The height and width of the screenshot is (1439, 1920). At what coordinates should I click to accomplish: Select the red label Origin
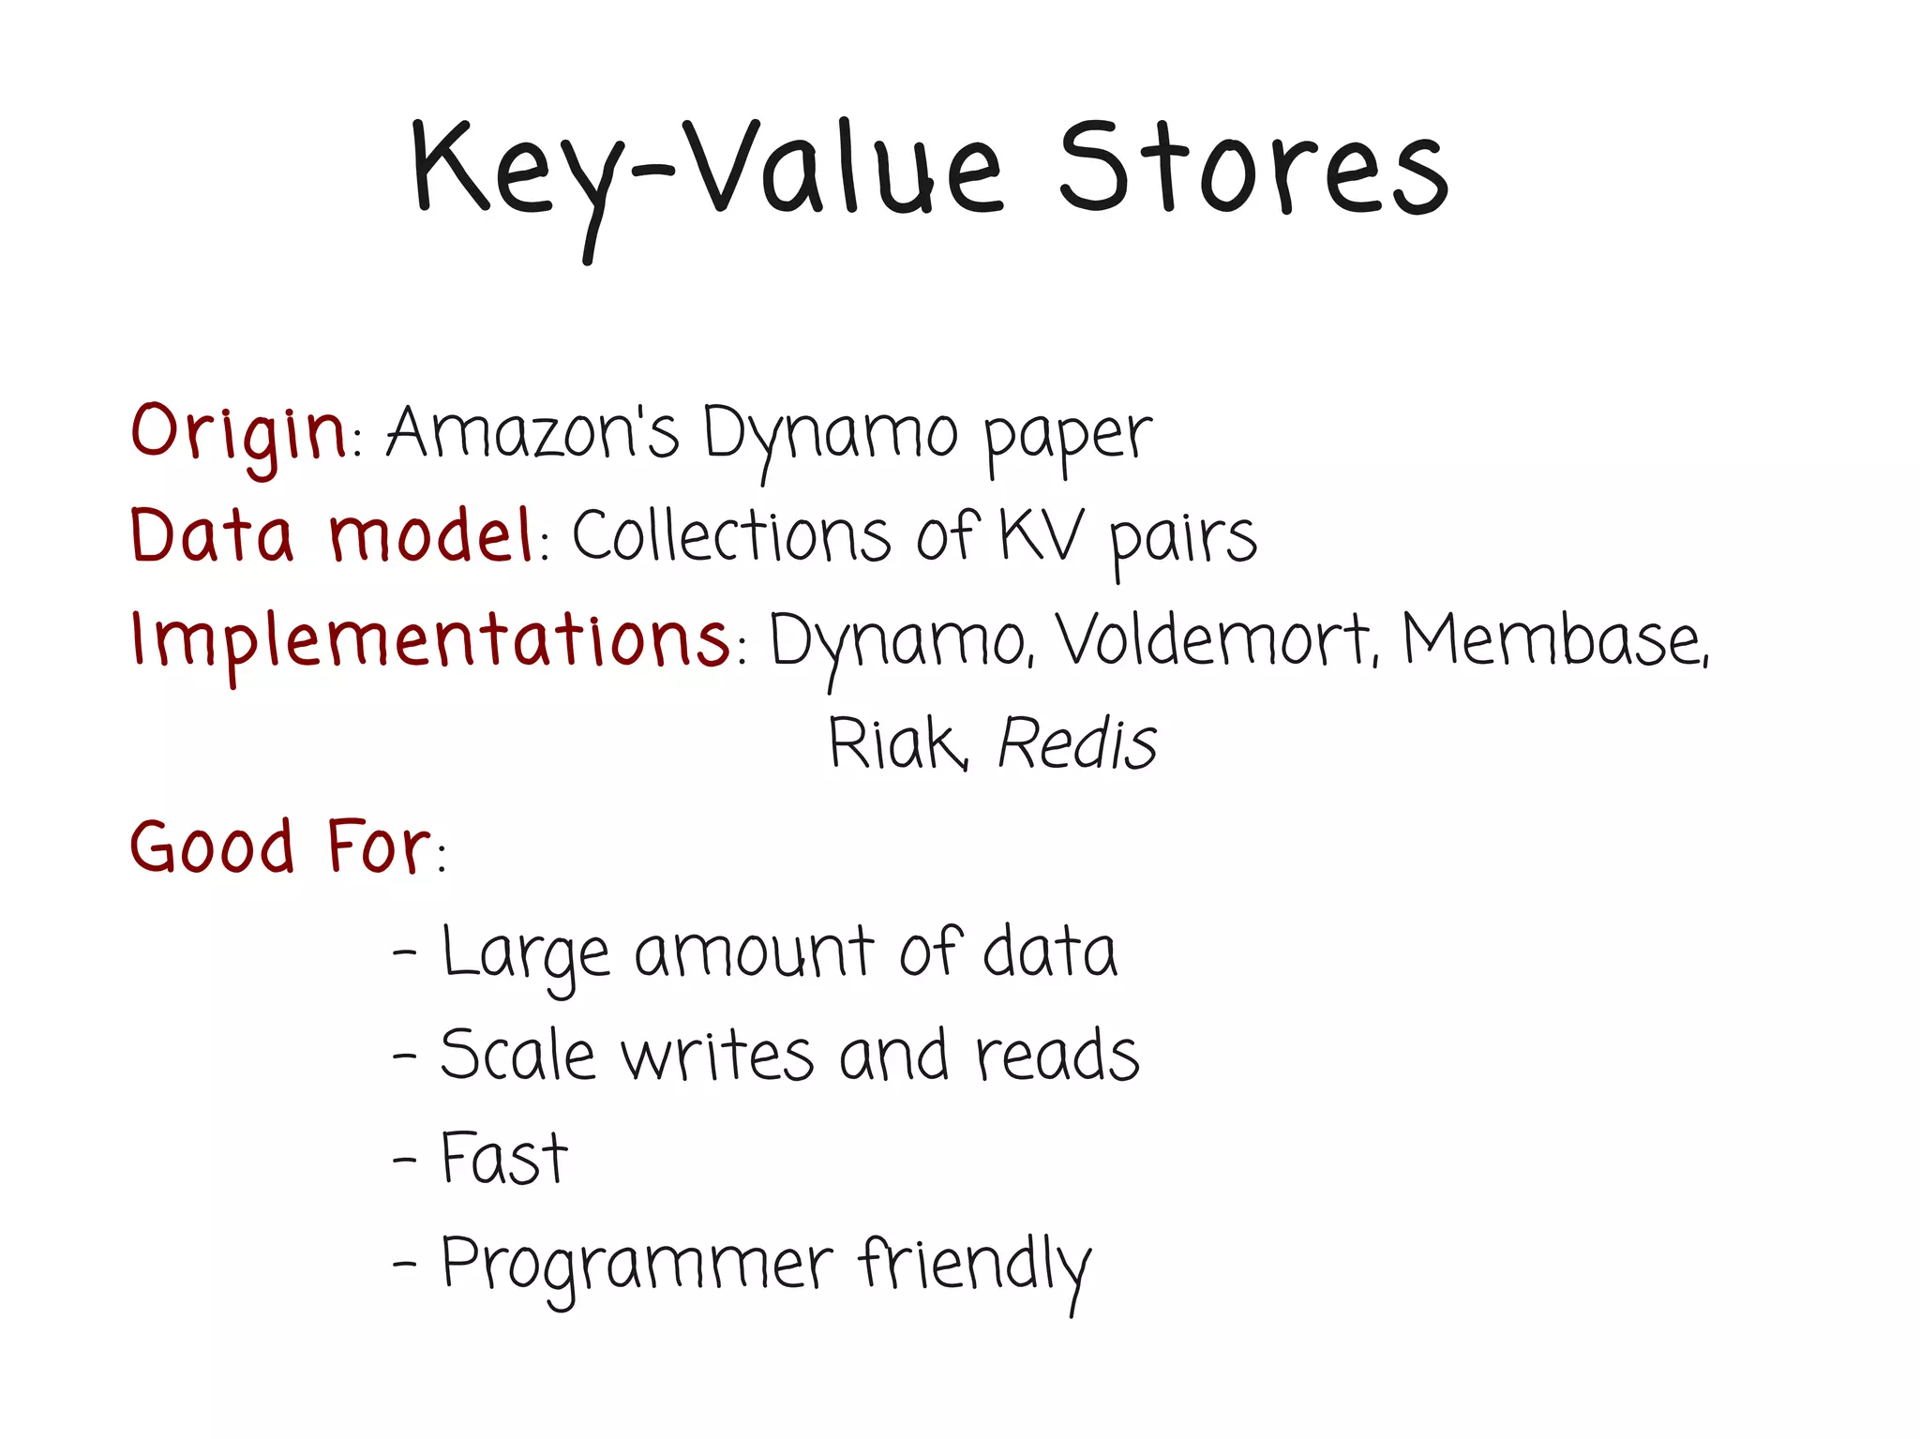(x=238, y=434)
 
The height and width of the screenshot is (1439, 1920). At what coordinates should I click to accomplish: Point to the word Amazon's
(x=532, y=434)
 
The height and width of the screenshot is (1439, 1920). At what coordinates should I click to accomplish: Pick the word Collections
(x=731, y=536)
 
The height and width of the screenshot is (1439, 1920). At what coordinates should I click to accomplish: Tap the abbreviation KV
(x=1041, y=536)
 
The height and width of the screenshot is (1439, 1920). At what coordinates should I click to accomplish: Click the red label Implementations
(x=430, y=639)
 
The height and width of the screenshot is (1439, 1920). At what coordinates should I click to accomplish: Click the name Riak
(x=896, y=743)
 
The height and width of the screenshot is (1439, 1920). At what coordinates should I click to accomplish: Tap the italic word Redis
(x=1077, y=743)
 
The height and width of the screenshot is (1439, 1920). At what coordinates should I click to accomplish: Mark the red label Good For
(x=280, y=847)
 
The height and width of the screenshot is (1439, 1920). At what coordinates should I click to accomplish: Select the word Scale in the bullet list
(x=517, y=1055)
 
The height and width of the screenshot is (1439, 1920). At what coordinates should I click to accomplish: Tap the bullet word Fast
(x=504, y=1159)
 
